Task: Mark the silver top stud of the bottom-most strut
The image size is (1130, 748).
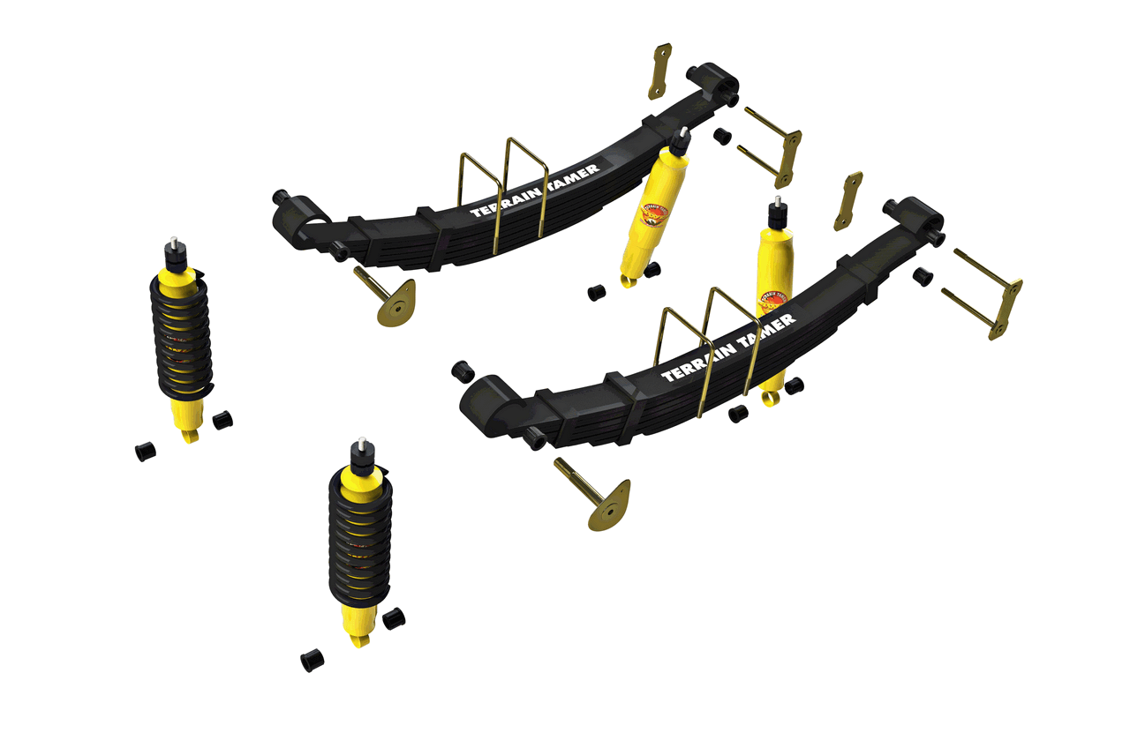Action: click(x=362, y=439)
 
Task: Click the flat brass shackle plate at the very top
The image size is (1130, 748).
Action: click(x=660, y=71)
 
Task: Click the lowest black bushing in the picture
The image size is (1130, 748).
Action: click(x=312, y=660)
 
